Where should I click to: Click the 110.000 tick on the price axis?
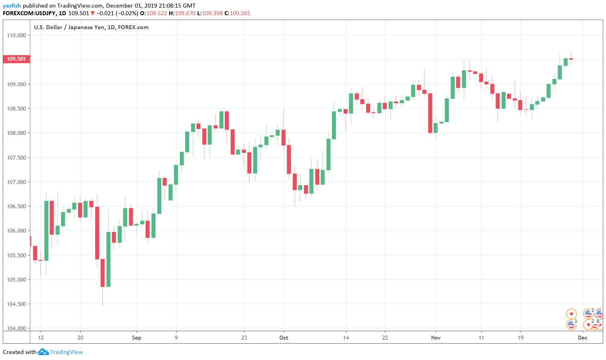16,35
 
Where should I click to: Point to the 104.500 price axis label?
16,304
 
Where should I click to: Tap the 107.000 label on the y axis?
16,182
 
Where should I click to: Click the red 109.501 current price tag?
16,59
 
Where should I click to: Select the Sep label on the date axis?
136,338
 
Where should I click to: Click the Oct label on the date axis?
284,338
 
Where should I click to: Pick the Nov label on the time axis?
436,338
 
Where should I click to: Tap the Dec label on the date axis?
582,338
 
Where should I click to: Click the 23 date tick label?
244,338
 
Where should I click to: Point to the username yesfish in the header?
12,6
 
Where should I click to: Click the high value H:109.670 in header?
182,13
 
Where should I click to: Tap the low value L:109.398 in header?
210,13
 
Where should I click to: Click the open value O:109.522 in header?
154,13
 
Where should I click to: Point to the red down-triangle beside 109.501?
92,13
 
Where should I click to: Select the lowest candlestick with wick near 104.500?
102,273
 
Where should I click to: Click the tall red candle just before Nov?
430,113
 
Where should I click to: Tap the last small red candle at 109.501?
571,59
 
